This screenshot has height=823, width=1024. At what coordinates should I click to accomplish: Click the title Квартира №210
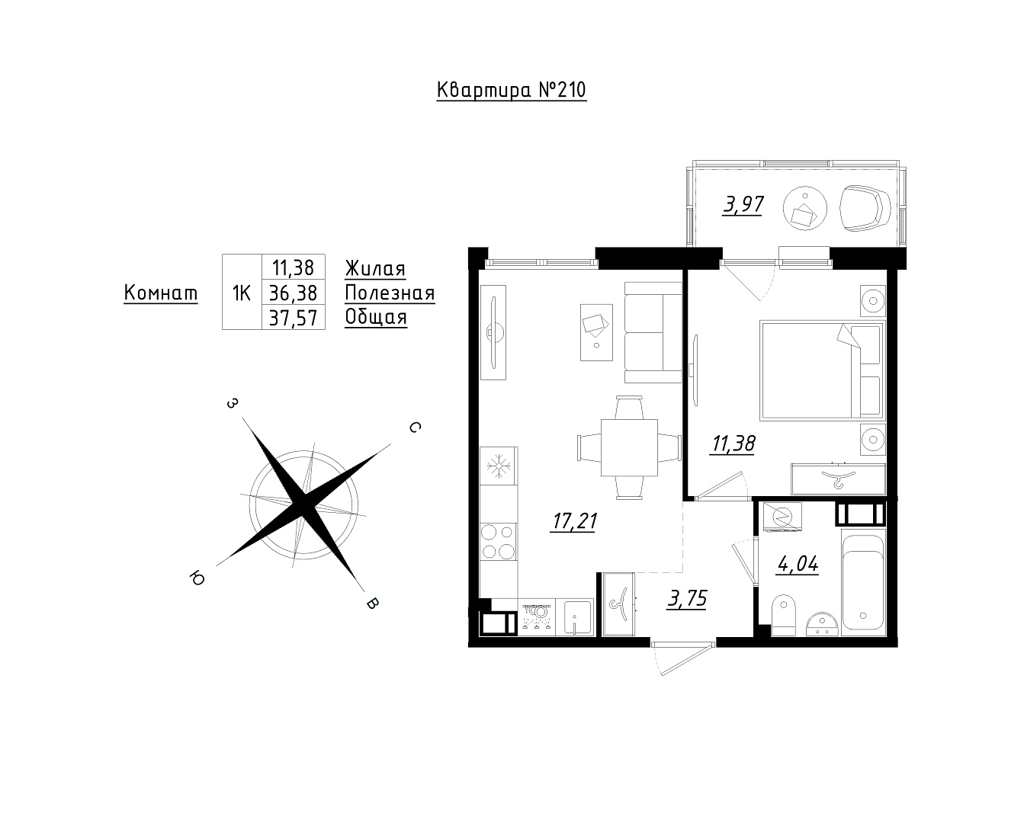pos(512,91)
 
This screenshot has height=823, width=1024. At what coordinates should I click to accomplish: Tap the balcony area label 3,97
pos(743,205)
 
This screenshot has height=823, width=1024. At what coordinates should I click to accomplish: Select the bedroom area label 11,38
pos(733,444)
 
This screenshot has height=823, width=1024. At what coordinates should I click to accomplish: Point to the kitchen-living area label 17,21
pos(574,521)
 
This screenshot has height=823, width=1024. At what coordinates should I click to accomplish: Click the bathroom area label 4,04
pos(798,565)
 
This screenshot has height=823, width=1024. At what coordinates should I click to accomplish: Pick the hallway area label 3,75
pos(687,598)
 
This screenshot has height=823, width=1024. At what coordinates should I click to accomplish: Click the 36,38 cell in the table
pos(293,293)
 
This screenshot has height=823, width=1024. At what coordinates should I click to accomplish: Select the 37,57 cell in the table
pos(293,318)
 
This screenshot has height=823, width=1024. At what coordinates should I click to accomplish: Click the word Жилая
pos(375,268)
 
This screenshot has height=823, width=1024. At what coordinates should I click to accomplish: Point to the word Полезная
pos(390,293)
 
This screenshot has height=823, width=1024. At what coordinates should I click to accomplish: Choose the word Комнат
pos(161,293)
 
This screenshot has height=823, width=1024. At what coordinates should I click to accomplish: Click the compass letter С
pos(415,428)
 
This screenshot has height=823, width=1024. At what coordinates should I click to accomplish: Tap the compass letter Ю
pos(197,578)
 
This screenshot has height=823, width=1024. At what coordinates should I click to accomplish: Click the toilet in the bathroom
pos(783,615)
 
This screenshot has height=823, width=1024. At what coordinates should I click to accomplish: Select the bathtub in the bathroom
pos(863,582)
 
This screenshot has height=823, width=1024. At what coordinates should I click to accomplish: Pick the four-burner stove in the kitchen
pos(498,541)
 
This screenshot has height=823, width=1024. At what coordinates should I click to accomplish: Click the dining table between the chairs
pos(629,447)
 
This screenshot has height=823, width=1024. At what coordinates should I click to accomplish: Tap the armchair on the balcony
pos(865,208)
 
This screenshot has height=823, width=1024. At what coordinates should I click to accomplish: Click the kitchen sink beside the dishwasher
pos(578,617)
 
